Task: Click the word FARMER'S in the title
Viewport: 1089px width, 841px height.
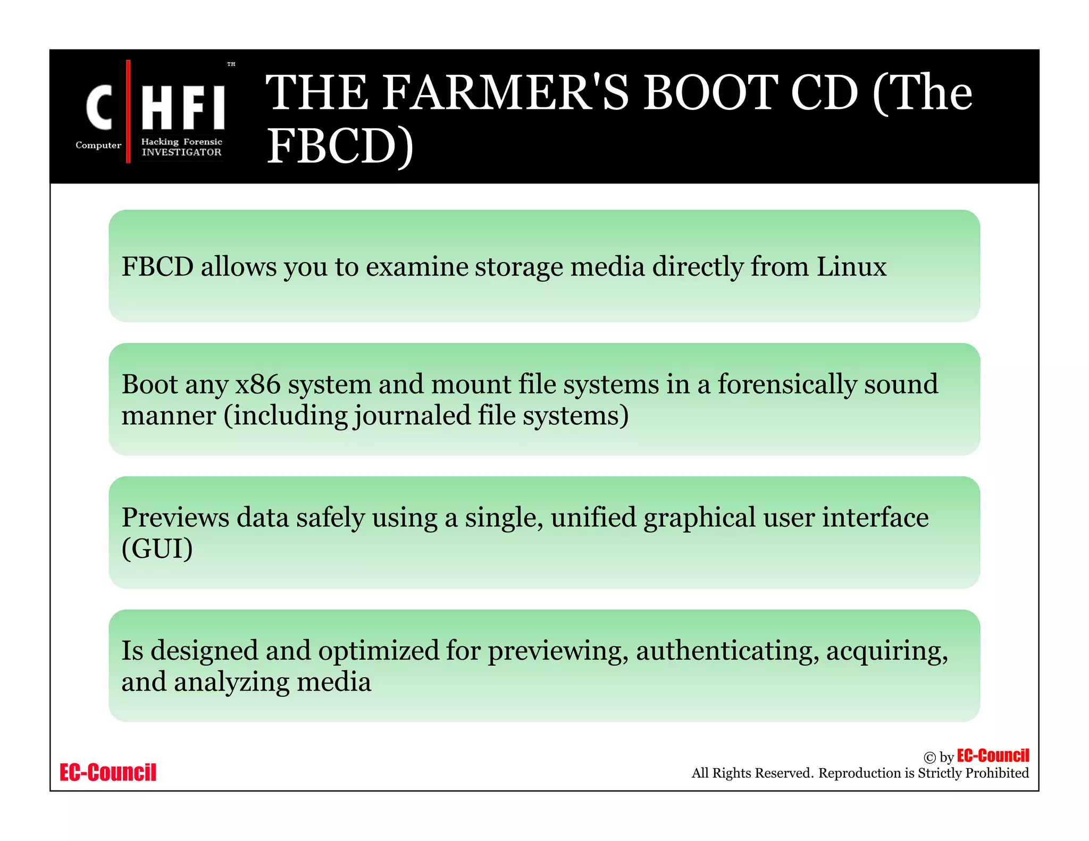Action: [505, 93]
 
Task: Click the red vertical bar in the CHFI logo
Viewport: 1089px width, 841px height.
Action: [128, 112]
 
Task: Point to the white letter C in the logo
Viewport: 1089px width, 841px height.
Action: [99, 108]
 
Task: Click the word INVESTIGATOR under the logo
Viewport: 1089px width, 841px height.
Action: [181, 153]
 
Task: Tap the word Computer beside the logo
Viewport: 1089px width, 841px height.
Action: [98, 145]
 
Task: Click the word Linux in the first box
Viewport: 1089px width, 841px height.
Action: [851, 266]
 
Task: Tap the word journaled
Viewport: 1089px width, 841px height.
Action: [412, 416]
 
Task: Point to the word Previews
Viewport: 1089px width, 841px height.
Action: [175, 517]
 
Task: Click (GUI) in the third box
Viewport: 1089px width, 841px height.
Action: [157, 549]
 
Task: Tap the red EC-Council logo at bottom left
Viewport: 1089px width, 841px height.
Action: [108, 772]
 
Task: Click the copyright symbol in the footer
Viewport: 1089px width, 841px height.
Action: [929, 758]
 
